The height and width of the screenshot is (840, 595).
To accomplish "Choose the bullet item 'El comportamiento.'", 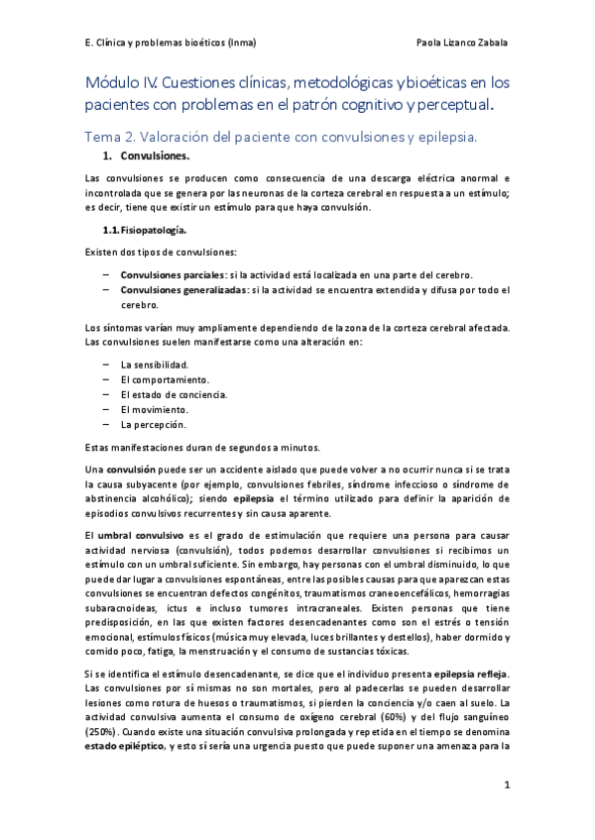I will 165,379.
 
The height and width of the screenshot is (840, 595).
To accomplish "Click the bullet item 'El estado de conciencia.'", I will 174,394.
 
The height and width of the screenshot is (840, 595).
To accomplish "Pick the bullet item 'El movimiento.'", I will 154,409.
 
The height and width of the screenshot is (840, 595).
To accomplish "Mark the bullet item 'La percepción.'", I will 153,424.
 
